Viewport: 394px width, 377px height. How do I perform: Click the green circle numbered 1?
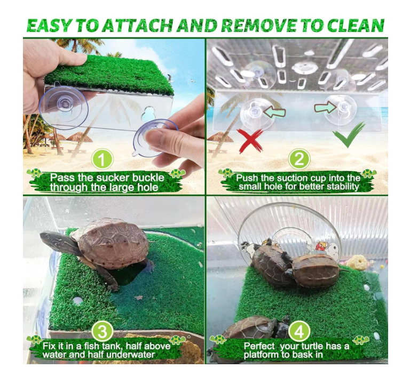pos(103,159)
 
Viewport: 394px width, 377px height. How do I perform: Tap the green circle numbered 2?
pos(299,159)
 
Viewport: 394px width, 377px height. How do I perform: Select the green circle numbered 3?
pos(103,332)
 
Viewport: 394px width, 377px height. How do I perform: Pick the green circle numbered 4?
pos(299,332)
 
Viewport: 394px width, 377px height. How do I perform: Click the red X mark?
pos(251,141)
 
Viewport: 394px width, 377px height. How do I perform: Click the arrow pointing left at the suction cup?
pos(274,112)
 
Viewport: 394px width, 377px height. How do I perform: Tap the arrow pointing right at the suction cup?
pos(326,108)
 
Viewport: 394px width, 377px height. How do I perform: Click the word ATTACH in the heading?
pos(138,26)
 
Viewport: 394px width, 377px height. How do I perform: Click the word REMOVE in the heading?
pos(258,26)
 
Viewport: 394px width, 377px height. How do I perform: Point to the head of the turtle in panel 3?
pos(51,239)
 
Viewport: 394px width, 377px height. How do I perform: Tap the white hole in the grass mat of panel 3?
pos(77,300)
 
